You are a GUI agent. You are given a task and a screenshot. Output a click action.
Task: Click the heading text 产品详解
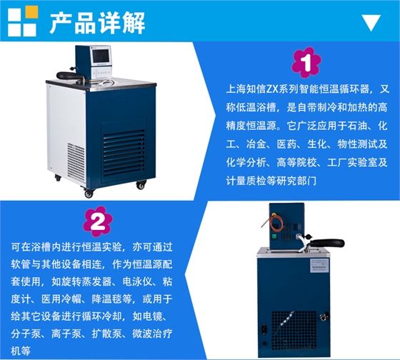point(97,23)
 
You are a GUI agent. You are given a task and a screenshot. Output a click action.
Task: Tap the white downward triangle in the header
point(371,23)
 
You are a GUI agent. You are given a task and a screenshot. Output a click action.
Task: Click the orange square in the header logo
point(31,12)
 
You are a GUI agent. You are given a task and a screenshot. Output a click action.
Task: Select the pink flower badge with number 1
point(306,63)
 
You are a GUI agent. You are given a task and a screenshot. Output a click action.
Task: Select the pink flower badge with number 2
point(98,221)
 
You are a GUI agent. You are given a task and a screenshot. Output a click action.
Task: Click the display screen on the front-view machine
point(101,56)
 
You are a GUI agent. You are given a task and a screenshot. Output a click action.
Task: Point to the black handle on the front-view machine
point(69,76)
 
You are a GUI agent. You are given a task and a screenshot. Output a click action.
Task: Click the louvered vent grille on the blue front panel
point(124,153)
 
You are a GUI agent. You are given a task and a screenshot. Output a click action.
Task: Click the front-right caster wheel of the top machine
point(141,184)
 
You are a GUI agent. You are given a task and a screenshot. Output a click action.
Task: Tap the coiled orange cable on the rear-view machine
point(276,222)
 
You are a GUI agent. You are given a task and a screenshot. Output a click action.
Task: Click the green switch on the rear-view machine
point(274,236)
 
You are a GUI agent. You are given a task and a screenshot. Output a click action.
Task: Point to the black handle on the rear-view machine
point(326,243)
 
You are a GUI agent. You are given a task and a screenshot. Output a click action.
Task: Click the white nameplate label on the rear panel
point(319,265)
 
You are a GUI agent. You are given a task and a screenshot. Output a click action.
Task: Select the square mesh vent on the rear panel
point(294,331)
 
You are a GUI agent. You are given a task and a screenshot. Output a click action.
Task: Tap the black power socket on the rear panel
point(264,327)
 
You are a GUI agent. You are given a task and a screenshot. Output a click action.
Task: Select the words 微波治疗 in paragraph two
point(152,334)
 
